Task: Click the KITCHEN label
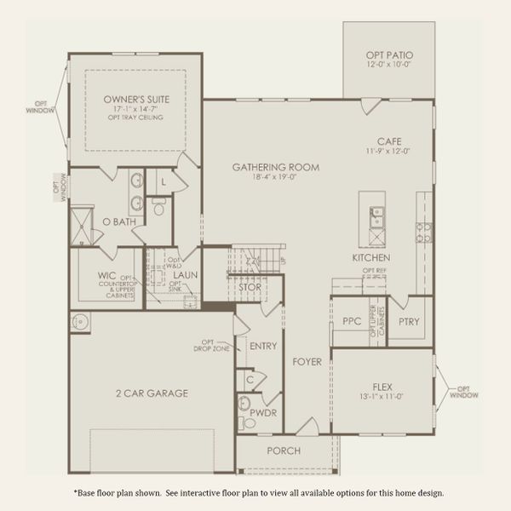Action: pos(371,257)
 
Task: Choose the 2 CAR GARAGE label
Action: pos(152,393)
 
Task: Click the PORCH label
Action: pos(284,451)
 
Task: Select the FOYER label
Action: pos(307,362)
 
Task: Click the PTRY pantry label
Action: pos(409,322)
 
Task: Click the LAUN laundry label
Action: pos(185,275)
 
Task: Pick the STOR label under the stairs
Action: pos(250,288)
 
